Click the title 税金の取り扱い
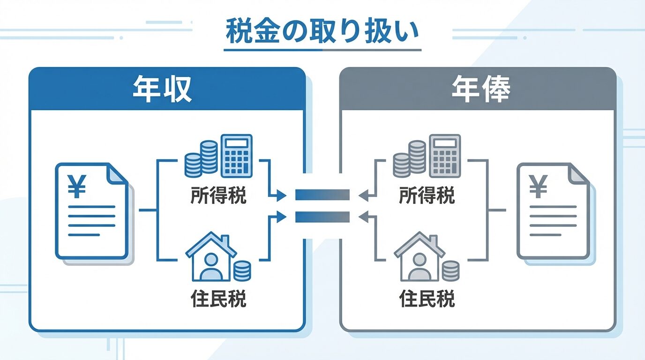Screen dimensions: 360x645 click(322, 31)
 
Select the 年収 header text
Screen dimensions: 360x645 click(162, 89)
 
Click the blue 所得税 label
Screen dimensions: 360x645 click(218, 196)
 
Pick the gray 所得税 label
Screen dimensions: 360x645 click(427, 196)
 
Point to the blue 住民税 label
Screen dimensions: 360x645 click(218, 299)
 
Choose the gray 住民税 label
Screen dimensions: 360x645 click(427, 299)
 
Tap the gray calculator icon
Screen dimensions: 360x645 click(445, 156)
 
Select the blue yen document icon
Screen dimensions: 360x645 click(92, 211)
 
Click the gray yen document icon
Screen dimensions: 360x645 click(553, 211)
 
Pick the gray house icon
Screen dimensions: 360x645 click(419, 257)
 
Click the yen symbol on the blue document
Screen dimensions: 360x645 click(77, 186)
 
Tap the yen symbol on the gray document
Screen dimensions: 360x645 click(539, 186)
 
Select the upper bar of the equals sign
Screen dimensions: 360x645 click(322, 194)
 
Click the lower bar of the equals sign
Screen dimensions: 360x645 click(322, 217)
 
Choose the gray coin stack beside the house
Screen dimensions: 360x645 click(450, 271)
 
